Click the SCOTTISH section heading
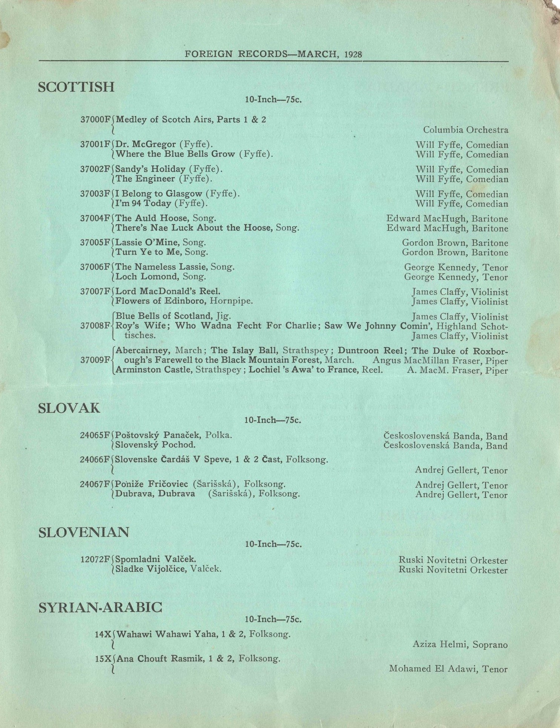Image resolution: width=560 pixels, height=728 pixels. click(76, 87)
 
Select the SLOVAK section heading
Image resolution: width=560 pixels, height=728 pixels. click(69, 408)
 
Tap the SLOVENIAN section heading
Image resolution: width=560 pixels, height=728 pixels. click(84, 532)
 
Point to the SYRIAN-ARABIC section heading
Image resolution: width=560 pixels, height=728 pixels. click(100, 607)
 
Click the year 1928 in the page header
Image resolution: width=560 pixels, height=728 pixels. click(353, 54)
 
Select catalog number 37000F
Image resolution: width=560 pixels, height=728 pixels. click(96, 120)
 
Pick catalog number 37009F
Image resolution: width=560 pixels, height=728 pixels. click(96, 360)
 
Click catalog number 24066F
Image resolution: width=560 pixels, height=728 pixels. click(95, 460)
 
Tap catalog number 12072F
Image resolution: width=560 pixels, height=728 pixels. click(95, 559)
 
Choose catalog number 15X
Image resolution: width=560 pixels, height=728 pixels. click(103, 659)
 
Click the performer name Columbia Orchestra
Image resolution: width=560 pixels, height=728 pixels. click(465, 130)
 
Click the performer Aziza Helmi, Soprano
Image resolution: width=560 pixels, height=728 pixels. click(460, 645)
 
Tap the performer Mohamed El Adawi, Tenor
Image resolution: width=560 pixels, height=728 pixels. click(448, 669)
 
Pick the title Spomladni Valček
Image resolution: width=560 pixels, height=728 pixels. click(155, 559)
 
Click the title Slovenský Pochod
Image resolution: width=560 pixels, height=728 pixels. click(155, 445)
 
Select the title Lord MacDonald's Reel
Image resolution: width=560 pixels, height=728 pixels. click(168, 291)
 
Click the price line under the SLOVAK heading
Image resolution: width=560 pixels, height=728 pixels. click(273, 420)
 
